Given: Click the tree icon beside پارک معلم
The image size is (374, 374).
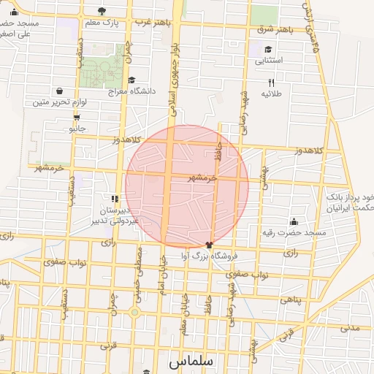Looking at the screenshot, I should [x=101, y=11].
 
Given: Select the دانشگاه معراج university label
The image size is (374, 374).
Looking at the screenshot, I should [x=132, y=91].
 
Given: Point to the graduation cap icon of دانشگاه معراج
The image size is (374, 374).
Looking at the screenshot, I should [x=131, y=80].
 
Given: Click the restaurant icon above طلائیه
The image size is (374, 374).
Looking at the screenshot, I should [x=272, y=83].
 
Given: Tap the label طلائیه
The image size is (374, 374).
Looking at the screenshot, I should [x=272, y=93].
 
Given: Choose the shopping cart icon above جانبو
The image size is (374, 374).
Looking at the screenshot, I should [x=77, y=117].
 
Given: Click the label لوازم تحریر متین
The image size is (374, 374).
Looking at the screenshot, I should [x=59, y=102].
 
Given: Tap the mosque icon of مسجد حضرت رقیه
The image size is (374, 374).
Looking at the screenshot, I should [x=294, y=221].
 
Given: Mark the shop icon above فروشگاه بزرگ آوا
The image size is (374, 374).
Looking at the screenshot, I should [x=209, y=245].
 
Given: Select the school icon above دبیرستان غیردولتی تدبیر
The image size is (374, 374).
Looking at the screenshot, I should [x=114, y=198].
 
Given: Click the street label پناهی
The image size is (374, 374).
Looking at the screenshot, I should [x=290, y=300].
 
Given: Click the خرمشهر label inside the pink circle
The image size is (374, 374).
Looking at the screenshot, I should [x=202, y=177].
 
